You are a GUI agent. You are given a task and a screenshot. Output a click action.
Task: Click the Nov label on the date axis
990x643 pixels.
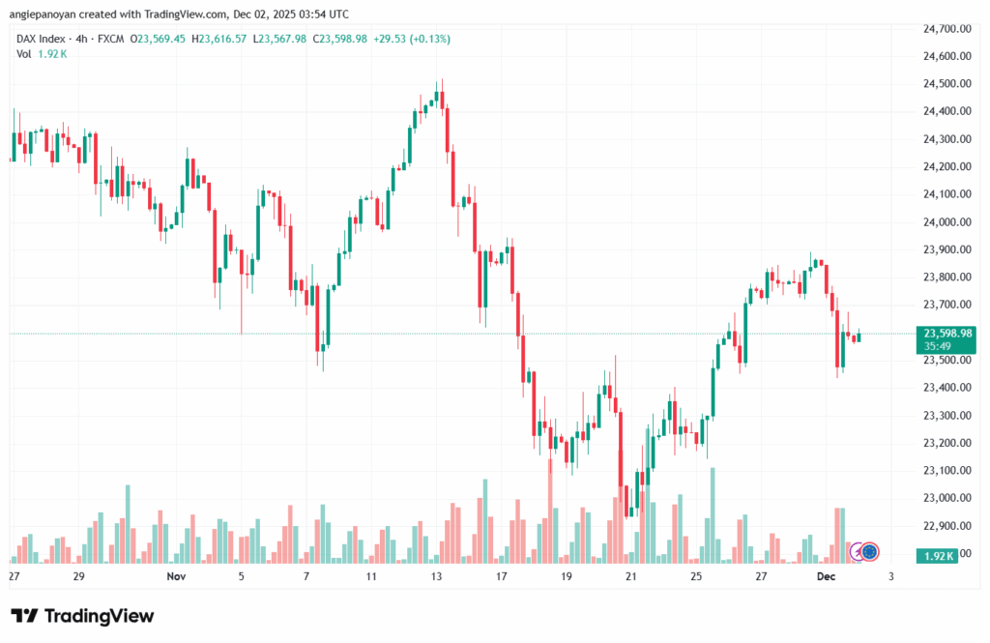point(175,577)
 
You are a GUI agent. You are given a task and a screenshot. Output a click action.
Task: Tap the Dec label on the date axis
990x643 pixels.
point(827,577)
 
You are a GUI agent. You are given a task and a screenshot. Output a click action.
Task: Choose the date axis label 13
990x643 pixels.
point(436,577)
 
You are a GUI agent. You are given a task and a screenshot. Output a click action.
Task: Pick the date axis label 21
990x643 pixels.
point(631,577)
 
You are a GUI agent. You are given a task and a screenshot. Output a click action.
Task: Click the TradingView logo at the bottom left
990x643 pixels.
point(82,616)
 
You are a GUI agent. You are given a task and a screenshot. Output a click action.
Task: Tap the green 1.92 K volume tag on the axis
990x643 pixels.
point(938,555)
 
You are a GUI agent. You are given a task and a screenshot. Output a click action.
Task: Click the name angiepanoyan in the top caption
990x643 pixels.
point(46,14)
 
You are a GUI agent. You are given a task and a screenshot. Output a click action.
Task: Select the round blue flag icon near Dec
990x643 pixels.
point(868,552)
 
